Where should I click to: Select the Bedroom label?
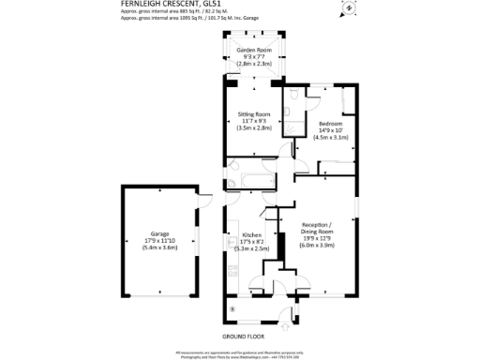pyautogui.click(x=331, y=124)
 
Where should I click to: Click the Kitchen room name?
pyautogui.click(x=252, y=235)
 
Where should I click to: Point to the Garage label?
pyautogui.click(x=159, y=232)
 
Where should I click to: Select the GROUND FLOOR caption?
pyautogui.click(x=243, y=336)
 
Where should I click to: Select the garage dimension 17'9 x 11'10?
pyautogui.click(x=159, y=239)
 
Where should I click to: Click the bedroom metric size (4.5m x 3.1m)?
pyautogui.click(x=331, y=138)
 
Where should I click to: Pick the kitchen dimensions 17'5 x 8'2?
pyautogui.click(x=252, y=242)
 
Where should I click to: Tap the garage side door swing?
pyautogui.click(x=201, y=199)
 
